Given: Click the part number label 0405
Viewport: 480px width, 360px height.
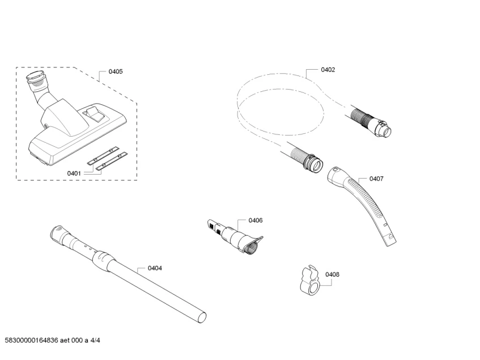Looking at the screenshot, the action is (x=116, y=71).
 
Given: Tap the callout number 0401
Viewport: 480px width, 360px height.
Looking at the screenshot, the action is (x=74, y=173).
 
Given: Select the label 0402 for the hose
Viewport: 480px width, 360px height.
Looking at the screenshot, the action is (x=328, y=70).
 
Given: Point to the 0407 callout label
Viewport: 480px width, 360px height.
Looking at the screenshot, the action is (x=376, y=179).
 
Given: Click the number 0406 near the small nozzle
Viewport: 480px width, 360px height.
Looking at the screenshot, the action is (x=256, y=221).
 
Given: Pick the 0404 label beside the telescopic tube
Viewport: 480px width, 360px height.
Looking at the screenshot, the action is (x=155, y=268).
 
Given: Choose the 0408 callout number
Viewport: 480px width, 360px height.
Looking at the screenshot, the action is (x=332, y=274).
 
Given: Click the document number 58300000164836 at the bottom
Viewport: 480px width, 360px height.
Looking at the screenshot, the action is (x=31, y=340).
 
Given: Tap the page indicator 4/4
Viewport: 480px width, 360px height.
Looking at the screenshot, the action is (x=95, y=340).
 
